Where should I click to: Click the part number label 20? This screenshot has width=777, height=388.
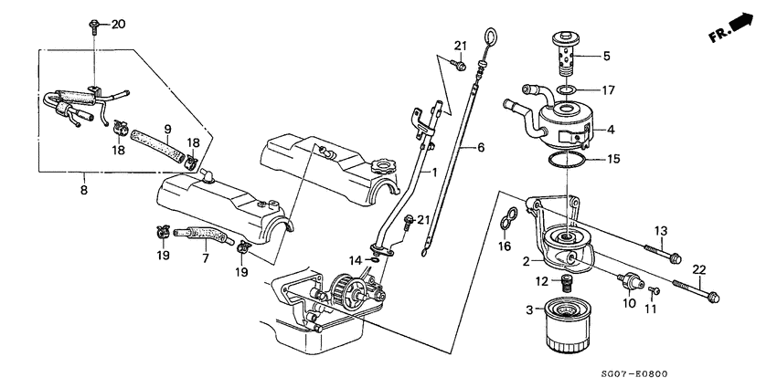click(x=117, y=25)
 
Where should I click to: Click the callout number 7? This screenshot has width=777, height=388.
click(x=206, y=258)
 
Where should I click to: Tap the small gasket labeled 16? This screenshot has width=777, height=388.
click(x=510, y=220)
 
